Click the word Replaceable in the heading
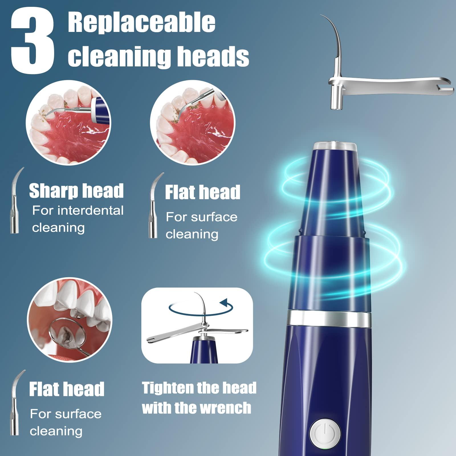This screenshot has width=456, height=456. point(142,23)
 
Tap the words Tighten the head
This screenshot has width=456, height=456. point(199,388)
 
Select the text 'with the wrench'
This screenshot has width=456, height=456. point(197,408)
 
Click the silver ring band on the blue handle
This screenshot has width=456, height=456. point(329,318)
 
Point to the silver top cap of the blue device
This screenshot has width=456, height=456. point(335,146)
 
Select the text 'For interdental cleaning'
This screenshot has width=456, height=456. point(78,219)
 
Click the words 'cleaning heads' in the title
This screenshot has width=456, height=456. point(158,56)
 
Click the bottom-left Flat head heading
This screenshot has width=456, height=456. point(67,389)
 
